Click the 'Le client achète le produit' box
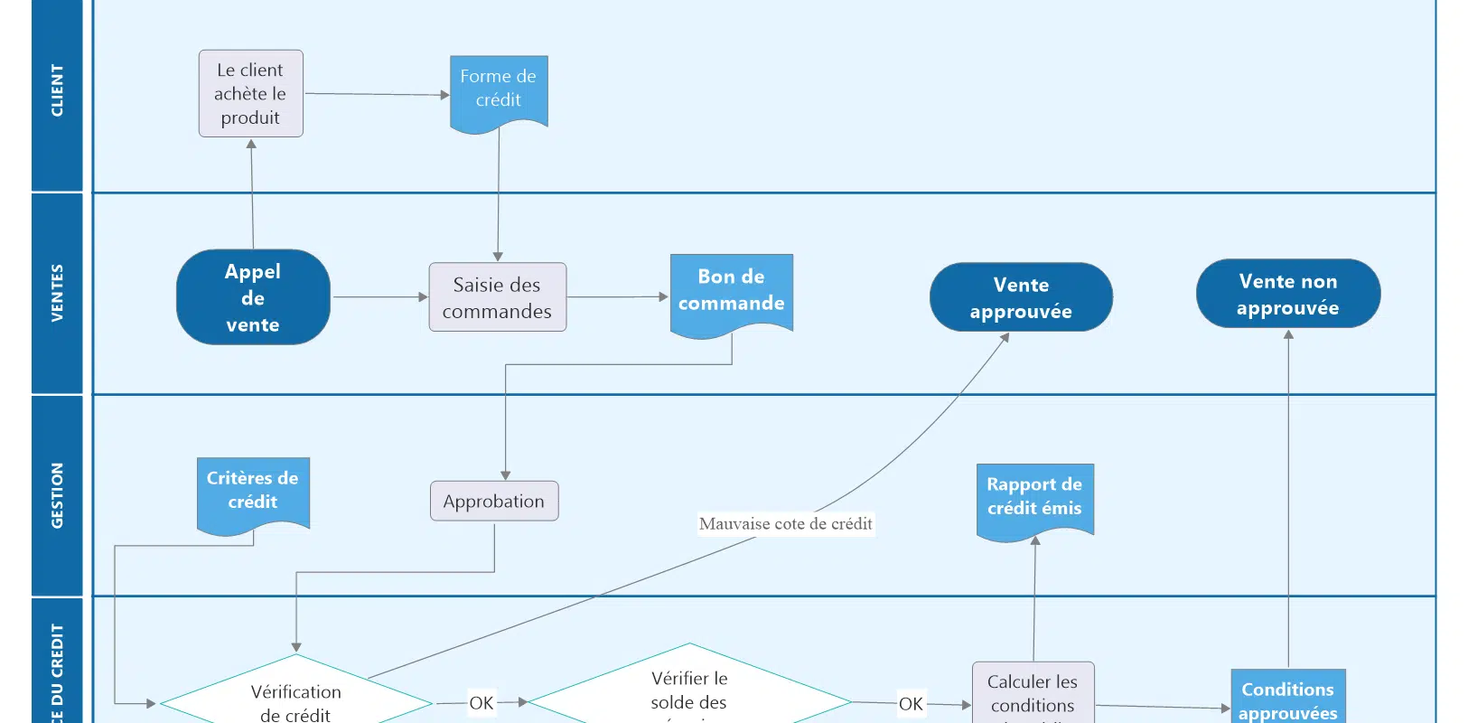click(250, 94)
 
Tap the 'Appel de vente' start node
click(253, 297)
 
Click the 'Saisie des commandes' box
click(497, 297)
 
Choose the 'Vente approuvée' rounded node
click(1021, 297)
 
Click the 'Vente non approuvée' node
click(1287, 294)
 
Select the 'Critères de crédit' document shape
click(253, 493)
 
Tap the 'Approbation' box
click(494, 502)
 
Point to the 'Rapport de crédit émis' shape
click(1034, 499)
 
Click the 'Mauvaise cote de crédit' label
click(785, 524)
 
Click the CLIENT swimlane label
click(57, 90)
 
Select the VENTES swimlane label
click(57, 293)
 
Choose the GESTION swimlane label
click(57, 495)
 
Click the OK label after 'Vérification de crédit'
click(482, 702)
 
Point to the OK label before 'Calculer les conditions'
click(911, 703)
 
